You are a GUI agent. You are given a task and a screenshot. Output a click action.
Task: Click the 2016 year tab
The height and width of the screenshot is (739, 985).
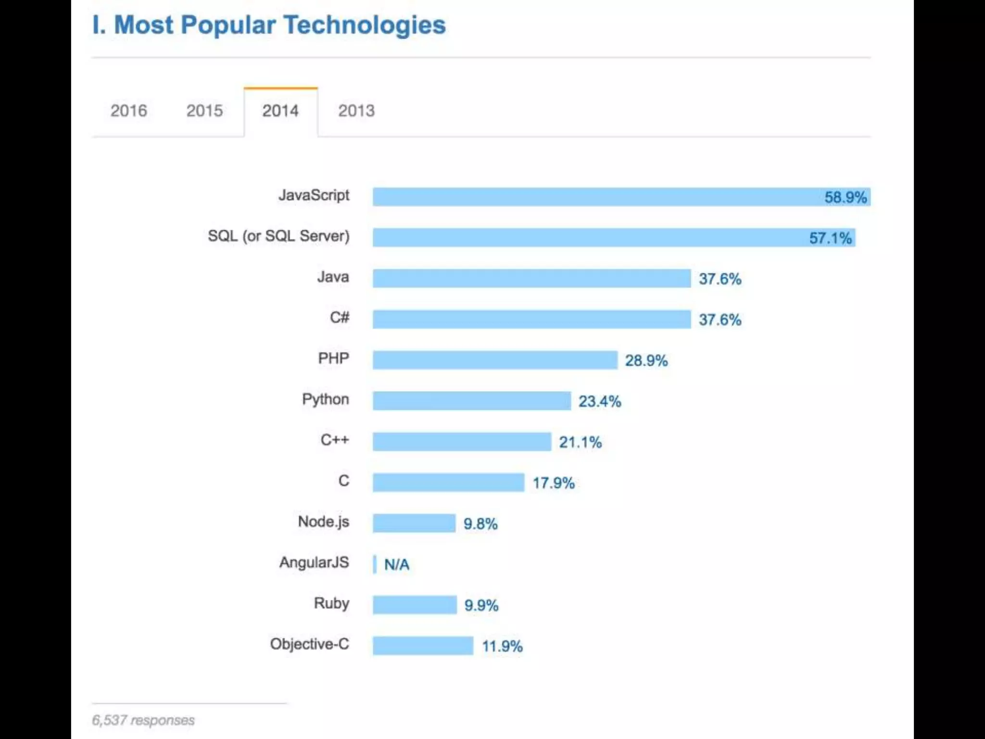(x=128, y=111)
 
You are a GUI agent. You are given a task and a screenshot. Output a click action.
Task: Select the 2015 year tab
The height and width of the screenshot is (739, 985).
(x=204, y=111)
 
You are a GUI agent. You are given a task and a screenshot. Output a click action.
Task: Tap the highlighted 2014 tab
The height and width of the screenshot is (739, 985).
(x=280, y=111)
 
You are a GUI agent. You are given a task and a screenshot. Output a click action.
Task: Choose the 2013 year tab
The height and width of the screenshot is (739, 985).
(x=356, y=111)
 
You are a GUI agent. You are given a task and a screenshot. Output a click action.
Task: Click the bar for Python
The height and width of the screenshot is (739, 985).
(x=471, y=401)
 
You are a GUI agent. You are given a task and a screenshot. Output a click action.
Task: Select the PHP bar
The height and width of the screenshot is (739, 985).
(x=494, y=360)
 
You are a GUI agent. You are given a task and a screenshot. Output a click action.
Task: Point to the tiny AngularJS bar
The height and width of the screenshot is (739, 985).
(x=375, y=564)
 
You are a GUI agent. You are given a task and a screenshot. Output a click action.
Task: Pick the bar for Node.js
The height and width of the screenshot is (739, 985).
(x=414, y=523)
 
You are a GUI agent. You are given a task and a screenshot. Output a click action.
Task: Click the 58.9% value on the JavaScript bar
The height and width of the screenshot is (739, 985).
(x=845, y=197)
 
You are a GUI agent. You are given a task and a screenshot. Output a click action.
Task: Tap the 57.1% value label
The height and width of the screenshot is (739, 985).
(x=830, y=238)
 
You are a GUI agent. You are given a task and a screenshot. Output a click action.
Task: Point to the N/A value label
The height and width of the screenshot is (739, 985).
(x=397, y=564)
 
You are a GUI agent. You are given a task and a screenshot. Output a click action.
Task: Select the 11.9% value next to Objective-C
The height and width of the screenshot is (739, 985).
(x=502, y=646)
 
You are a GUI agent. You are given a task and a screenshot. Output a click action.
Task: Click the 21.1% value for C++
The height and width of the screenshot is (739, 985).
(x=580, y=442)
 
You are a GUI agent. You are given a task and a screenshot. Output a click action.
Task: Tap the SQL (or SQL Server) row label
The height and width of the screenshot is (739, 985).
(x=278, y=236)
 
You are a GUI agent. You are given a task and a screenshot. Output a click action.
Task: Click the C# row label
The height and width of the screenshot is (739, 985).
(x=340, y=318)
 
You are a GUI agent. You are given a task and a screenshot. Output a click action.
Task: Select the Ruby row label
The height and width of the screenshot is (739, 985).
(x=331, y=603)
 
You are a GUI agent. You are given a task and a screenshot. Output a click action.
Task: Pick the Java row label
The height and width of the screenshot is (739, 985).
(x=333, y=277)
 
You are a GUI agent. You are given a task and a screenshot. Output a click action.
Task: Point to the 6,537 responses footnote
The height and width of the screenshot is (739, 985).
(x=143, y=720)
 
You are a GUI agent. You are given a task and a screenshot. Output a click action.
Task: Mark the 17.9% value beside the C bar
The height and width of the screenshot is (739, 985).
(x=553, y=483)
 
